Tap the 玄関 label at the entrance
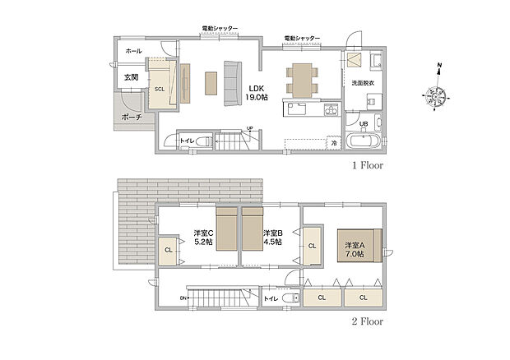[x=131, y=77]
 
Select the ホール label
[x=133, y=51]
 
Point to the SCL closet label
[x=159, y=89]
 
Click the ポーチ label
[x=131, y=118]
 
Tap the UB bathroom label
[x=363, y=123]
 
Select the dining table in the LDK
[x=299, y=79]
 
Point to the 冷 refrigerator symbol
[x=334, y=143]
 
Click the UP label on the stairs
[x=248, y=128]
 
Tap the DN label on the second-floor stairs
[x=183, y=298]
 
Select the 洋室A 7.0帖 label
[x=355, y=250]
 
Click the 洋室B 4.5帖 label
[x=273, y=238]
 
